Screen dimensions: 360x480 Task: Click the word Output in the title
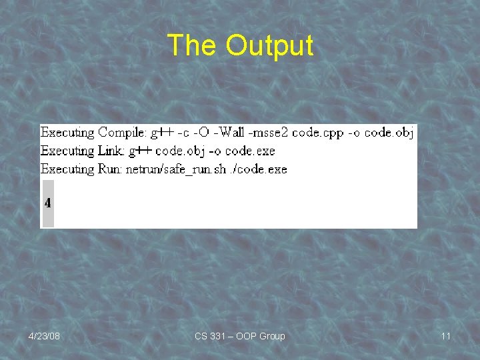click(269, 45)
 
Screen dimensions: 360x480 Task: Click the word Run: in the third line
click(111, 169)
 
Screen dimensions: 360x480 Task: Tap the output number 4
click(48, 202)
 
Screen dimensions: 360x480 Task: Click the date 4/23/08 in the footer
click(44, 336)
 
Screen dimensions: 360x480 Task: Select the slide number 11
click(445, 336)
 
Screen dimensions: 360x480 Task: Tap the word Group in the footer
click(271, 336)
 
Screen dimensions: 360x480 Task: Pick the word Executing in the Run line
click(67, 169)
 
